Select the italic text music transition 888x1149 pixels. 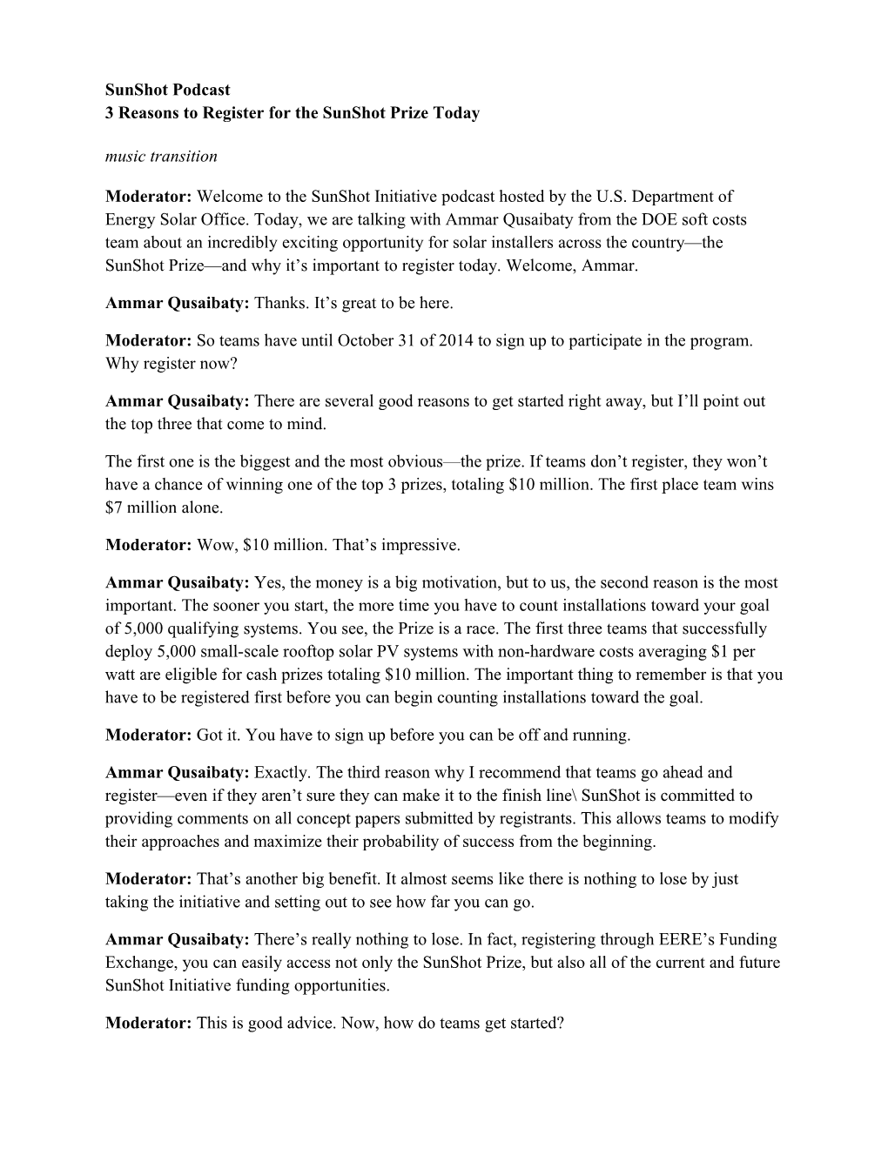[x=161, y=157]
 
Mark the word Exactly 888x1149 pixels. [x=283, y=773]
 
